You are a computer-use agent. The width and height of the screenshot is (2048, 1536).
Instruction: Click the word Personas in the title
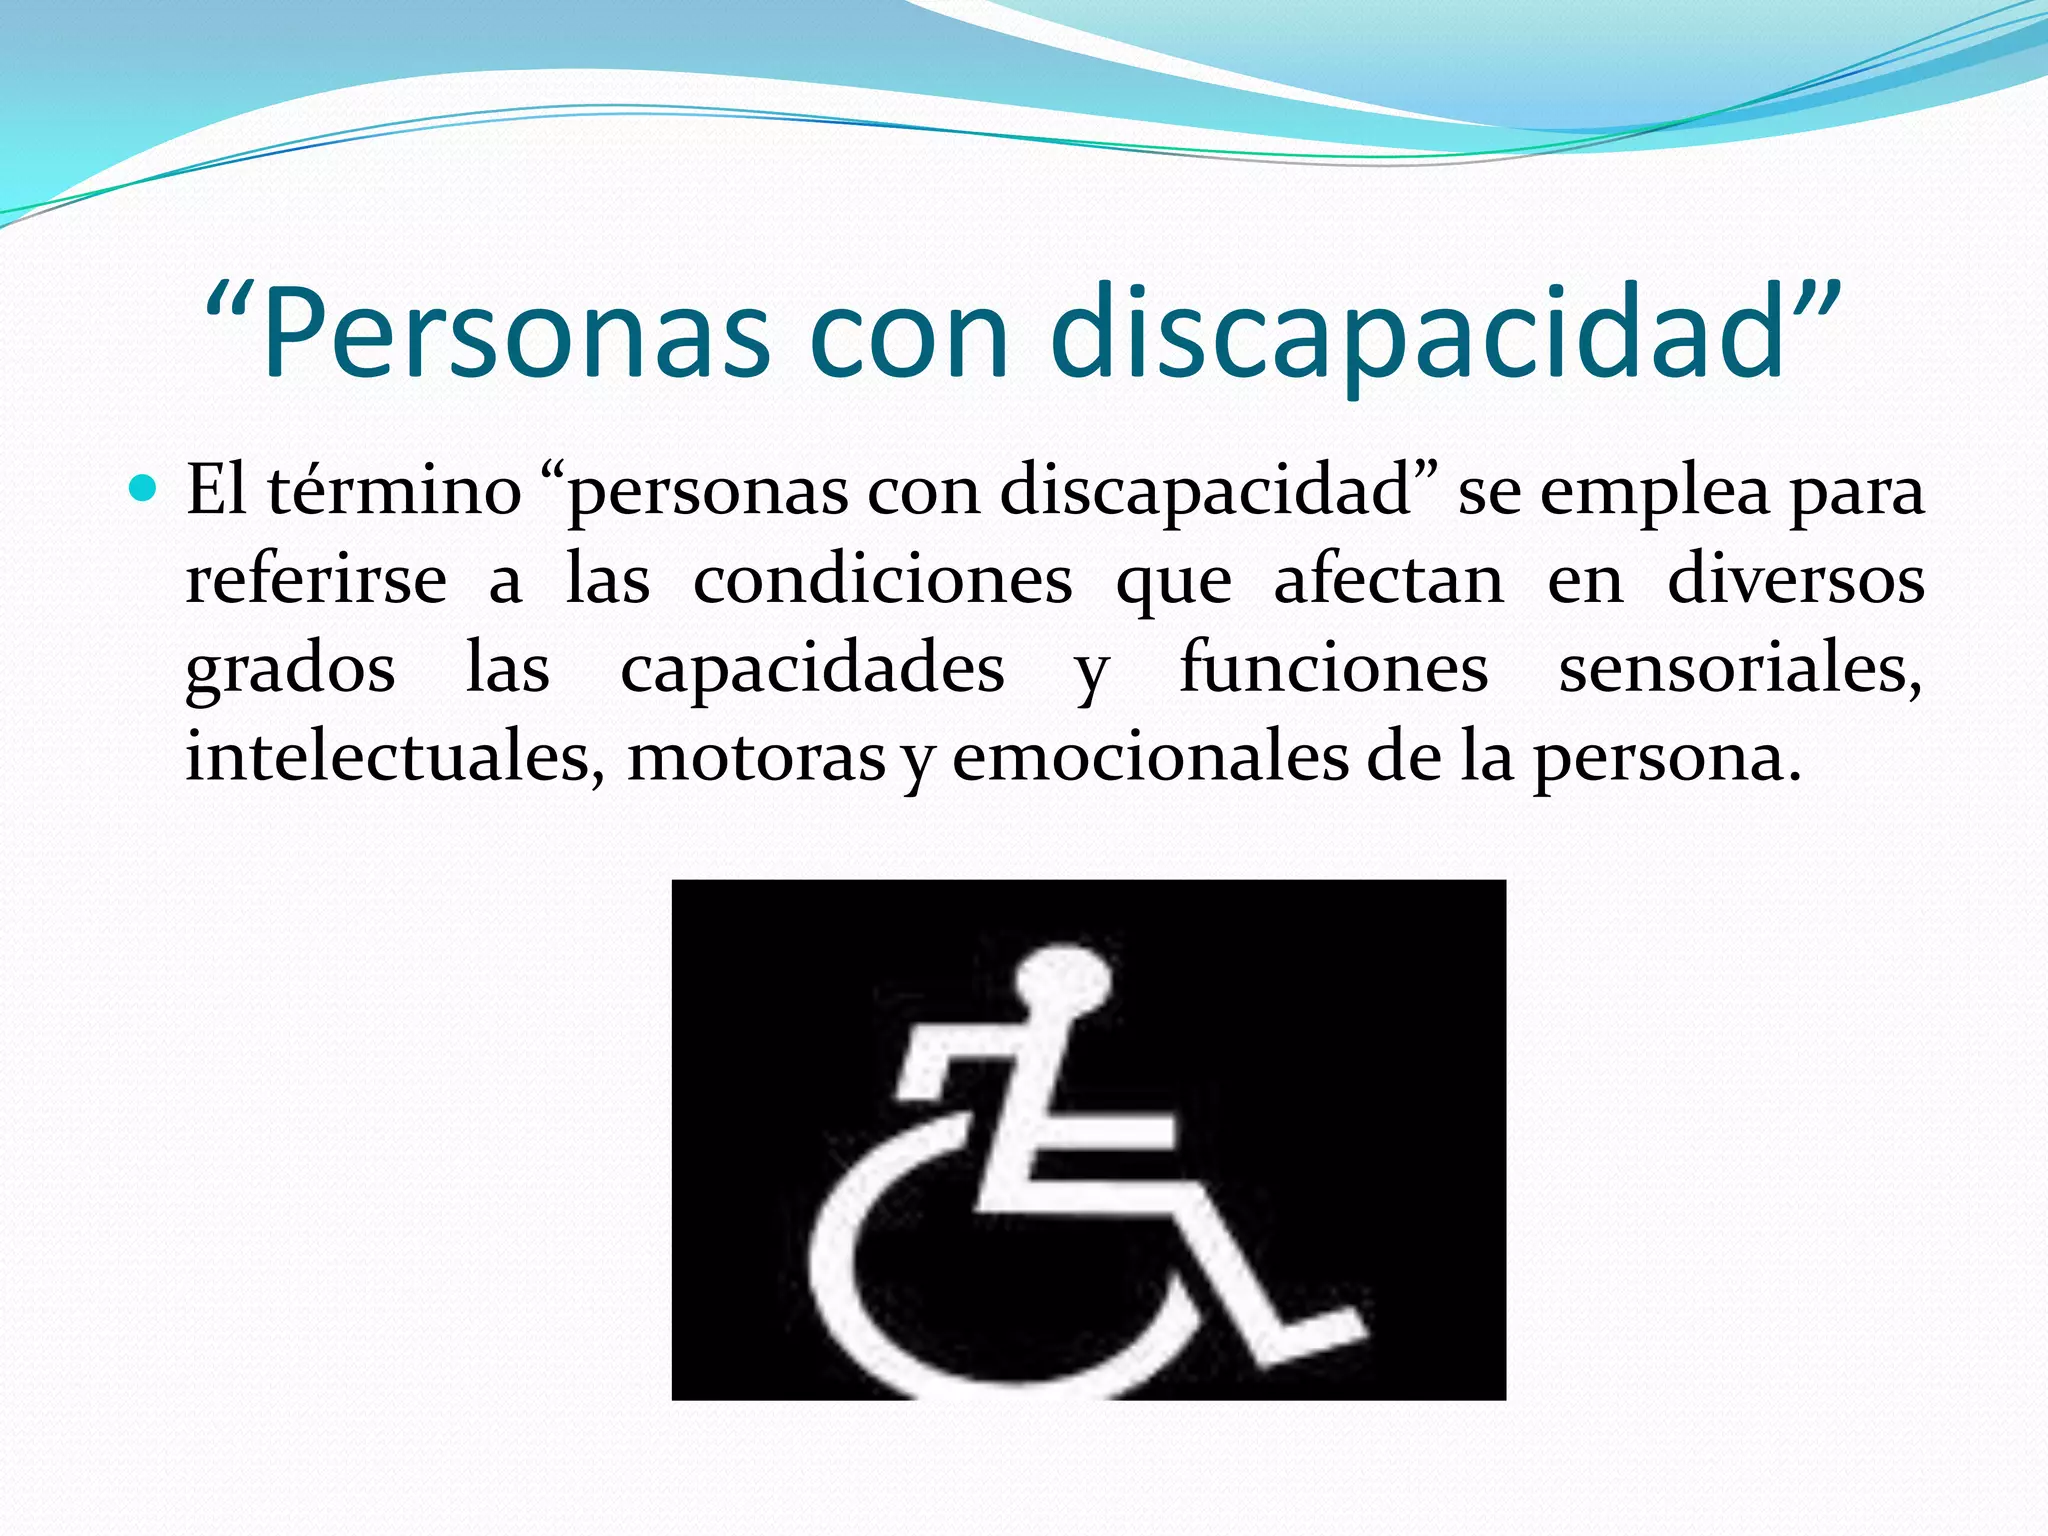[x=516, y=333]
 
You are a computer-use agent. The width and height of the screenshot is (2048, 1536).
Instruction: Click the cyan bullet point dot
[x=144, y=489]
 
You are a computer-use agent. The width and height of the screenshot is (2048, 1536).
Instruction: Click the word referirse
[x=316, y=580]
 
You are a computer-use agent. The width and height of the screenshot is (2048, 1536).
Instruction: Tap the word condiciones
[x=883, y=580]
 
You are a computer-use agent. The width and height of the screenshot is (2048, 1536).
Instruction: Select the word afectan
[x=1389, y=580]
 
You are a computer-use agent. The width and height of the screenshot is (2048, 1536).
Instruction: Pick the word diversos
[x=1796, y=580]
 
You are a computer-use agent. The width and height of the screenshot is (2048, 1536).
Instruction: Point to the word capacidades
[x=812, y=668]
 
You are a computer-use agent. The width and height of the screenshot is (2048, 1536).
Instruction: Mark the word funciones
[x=1334, y=668]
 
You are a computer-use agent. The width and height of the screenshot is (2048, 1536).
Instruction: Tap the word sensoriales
[x=1740, y=668]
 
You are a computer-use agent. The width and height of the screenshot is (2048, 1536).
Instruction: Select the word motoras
[x=756, y=757]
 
